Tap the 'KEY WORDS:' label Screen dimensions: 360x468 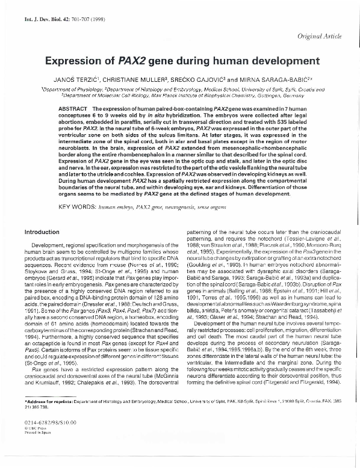click(78, 206)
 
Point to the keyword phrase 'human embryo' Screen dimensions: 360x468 click(116, 206)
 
